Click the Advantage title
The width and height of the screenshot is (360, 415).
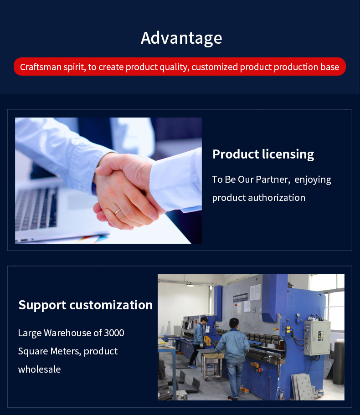[x=181, y=38]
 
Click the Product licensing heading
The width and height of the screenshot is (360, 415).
[x=263, y=154]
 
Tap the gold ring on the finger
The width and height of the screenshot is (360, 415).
[x=118, y=211]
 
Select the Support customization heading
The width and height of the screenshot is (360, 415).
[x=86, y=305]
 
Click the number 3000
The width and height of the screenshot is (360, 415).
[x=114, y=333]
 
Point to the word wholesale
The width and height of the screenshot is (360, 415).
[x=40, y=369]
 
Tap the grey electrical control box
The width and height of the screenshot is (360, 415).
[x=317, y=338]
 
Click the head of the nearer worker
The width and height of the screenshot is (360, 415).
[x=234, y=323]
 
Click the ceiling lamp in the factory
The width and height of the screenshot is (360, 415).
[x=190, y=285]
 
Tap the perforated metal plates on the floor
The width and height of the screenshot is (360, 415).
[x=303, y=387]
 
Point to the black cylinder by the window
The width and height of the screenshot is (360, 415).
[x=339, y=362]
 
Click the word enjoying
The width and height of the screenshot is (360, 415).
[x=313, y=180]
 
